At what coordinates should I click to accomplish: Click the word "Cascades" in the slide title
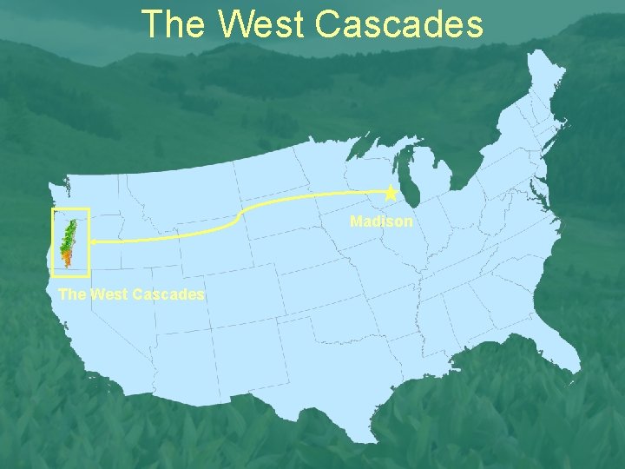(x=399, y=24)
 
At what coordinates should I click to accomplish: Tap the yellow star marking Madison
(x=391, y=192)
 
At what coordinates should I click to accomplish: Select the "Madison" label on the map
(x=381, y=221)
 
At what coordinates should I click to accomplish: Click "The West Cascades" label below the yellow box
(x=131, y=294)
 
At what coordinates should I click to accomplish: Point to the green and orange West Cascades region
(x=69, y=239)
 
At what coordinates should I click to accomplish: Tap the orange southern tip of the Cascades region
(x=66, y=258)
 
